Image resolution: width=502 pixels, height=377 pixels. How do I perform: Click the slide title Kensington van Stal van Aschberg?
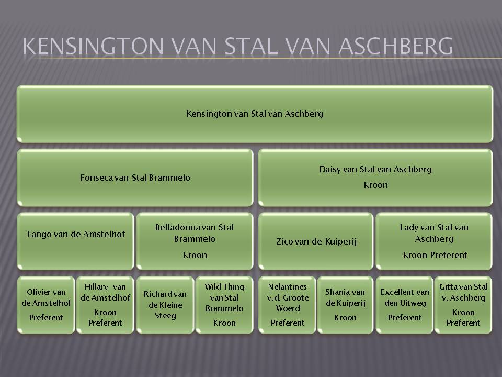[x=237, y=46]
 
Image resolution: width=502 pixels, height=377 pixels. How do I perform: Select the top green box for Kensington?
[x=255, y=114]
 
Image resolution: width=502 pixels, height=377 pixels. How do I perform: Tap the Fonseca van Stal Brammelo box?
[x=135, y=178]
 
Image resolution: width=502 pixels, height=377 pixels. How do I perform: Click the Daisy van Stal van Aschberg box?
[x=375, y=178]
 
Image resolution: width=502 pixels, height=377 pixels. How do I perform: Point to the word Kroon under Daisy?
[x=375, y=185]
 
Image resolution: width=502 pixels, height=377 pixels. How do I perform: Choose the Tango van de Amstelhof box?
[x=75, y=241]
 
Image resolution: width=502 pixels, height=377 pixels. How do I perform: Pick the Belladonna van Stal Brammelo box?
[x=195, y=241]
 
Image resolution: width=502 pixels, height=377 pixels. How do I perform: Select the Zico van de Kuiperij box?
[x=316, y=241]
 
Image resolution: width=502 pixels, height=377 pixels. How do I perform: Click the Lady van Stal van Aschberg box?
[x=434, y=241]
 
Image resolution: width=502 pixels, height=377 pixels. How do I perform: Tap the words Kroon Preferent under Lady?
[x=435, y=255]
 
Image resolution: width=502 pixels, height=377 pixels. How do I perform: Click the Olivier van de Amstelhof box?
[x=46, y=305]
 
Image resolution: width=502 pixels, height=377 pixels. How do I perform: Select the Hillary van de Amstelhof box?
[x=105, y=305]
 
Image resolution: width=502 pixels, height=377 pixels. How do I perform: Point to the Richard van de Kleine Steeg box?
[x=165, y=305]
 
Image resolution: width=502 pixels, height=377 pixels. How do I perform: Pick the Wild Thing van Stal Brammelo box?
[x=224, y=305]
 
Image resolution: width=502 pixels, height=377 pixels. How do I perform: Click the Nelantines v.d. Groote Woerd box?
[x=287, y=305]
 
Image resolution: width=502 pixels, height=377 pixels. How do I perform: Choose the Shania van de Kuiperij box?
[x=345, y=305]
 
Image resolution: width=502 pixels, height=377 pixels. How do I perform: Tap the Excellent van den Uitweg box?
[x=404, y=305]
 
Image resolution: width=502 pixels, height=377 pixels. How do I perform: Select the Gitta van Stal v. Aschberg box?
[x=463, y=305]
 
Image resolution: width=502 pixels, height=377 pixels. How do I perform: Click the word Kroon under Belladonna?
[x=195, y=255]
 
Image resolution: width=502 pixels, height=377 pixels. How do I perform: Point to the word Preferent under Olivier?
[x=46, y=318]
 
